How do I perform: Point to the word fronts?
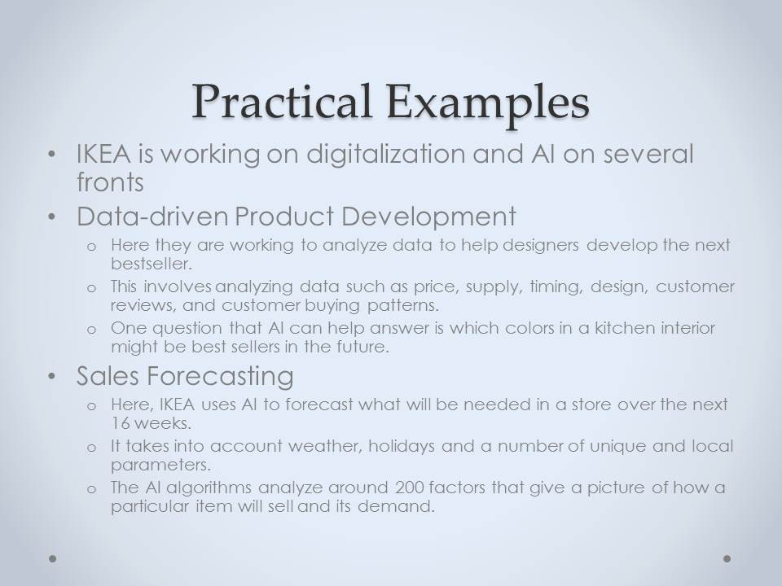point(110,181)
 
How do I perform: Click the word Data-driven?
point(152,216)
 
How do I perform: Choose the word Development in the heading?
point(429,217)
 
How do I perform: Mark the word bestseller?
point(152,263)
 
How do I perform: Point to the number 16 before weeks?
point(120,423)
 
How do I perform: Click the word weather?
point(325,446)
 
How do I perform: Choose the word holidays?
point(402,447)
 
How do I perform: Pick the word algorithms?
point(209,488)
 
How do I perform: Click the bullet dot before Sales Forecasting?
point(52,377)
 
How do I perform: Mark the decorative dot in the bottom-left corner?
point(52,558)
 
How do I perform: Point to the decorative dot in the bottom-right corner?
point(727,558)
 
